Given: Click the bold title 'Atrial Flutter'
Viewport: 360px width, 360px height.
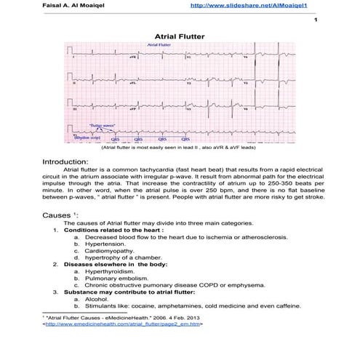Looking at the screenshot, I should coord(180,35).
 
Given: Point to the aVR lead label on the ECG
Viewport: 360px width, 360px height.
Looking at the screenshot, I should coord(132,56).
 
